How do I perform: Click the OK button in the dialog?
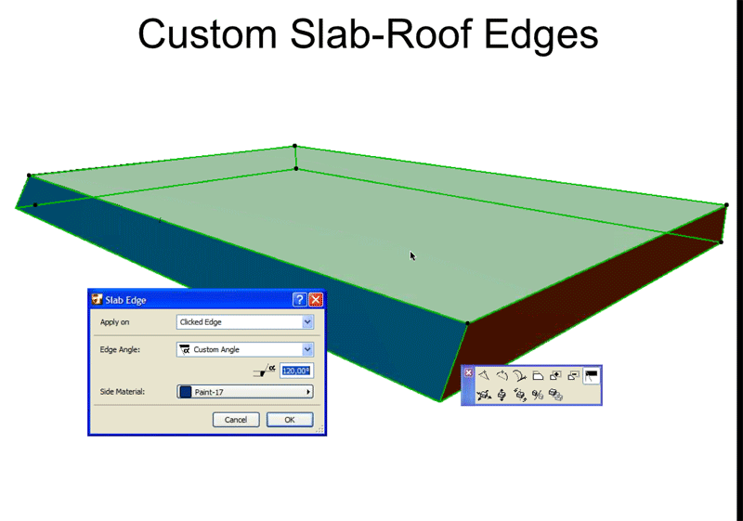coord(290,420)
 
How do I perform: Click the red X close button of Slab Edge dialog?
coord(316,299)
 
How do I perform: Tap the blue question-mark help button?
coord(299,299)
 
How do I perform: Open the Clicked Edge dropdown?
coord(245,322)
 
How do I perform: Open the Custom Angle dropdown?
coord(245,349)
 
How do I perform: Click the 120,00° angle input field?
coord(295,371)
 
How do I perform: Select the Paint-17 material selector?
coord(245,392)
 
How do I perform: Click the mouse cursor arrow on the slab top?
coord(412,255)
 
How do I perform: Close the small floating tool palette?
coord(469,373)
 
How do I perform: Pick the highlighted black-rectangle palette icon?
coord(591,375)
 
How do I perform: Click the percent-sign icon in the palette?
coord(538,396)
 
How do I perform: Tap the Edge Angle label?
coord(121,349)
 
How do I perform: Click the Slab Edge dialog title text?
coord(129,300)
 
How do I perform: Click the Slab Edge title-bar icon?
coord(98,299)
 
